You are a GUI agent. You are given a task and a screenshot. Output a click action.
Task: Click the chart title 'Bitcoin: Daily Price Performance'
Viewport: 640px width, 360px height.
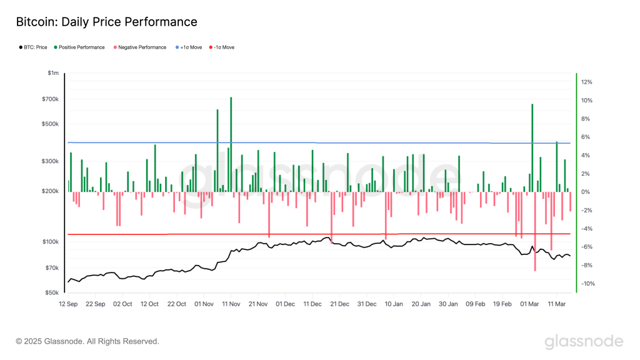click(106, 22)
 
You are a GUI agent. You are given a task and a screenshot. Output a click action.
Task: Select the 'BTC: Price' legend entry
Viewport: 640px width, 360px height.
click(32, 47)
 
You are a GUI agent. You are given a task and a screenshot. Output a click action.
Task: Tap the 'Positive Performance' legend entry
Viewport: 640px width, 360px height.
click(79, 47)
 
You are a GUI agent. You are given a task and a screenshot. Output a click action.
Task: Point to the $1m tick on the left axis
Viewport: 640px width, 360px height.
click(53, 74)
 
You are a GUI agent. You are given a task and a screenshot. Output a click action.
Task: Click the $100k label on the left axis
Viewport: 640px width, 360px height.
click(50, 242)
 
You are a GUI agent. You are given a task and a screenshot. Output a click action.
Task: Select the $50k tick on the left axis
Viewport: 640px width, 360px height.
click(51, 292)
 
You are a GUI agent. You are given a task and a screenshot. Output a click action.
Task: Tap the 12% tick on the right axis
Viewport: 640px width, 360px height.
click(587, 82)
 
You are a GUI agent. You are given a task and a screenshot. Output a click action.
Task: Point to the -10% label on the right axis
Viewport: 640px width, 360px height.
click(586, 284)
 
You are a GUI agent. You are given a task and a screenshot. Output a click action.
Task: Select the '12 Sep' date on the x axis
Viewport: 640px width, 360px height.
click(67, 304)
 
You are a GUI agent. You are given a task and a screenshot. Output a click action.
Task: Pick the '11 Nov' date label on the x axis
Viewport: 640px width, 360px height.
click(231, 304)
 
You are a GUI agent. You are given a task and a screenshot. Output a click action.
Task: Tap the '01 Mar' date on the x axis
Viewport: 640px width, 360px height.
click(529, 304)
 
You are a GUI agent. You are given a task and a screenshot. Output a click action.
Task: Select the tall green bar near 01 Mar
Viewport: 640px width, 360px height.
click(532, 147)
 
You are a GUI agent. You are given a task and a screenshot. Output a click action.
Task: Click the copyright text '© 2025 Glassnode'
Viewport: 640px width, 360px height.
click(87, 341)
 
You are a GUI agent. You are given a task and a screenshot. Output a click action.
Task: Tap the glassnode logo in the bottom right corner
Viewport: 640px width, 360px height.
click(584, 341)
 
